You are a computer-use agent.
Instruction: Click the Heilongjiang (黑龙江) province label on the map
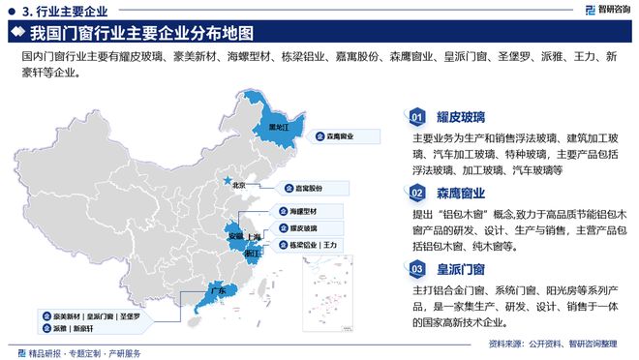278,127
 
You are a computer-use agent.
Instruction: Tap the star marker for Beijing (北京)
228,181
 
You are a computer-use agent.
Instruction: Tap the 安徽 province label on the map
235,235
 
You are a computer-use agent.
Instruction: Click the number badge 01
416,117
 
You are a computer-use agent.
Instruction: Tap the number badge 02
416,192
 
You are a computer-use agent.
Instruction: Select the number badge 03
416,268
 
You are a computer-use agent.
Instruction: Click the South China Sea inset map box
329,286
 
